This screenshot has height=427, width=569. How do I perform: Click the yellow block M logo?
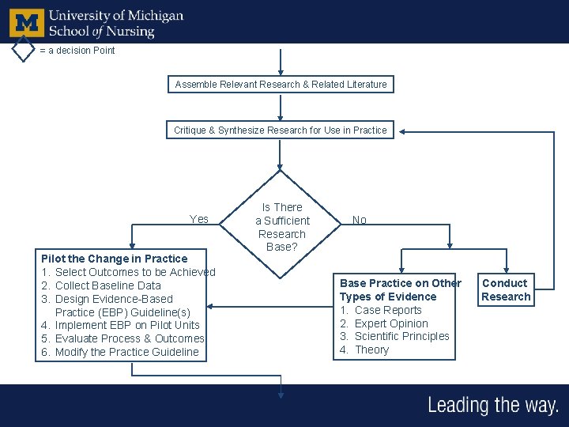26,22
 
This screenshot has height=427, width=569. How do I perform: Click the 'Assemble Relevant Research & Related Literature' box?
281,84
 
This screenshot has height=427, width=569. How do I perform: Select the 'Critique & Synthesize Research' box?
281,130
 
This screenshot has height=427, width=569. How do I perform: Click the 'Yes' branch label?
199,219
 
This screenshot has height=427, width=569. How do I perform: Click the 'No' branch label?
360,221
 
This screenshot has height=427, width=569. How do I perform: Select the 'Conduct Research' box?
505,289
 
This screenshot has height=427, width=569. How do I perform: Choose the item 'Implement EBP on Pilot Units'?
126,325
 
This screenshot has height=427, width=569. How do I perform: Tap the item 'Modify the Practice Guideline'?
126,352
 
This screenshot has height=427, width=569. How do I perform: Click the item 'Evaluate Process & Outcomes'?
129,338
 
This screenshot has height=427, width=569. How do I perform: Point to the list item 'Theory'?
371,350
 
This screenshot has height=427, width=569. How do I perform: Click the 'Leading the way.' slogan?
492,406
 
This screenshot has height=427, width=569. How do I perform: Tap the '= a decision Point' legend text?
77,51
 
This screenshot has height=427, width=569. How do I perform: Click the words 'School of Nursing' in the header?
101,31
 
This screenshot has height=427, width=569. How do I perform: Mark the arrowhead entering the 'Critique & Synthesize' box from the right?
401,130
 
